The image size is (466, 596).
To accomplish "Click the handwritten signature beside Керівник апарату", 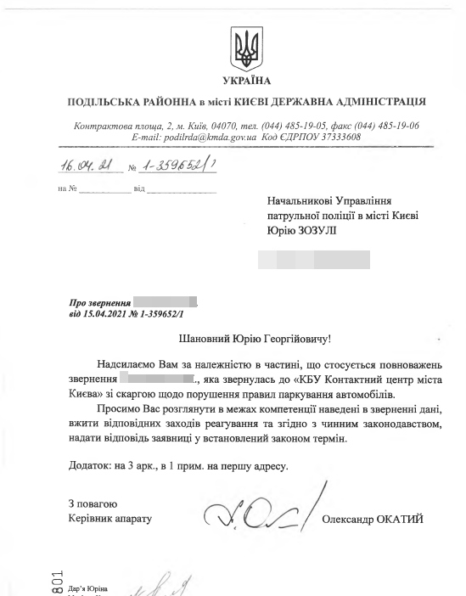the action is (259, 511).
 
